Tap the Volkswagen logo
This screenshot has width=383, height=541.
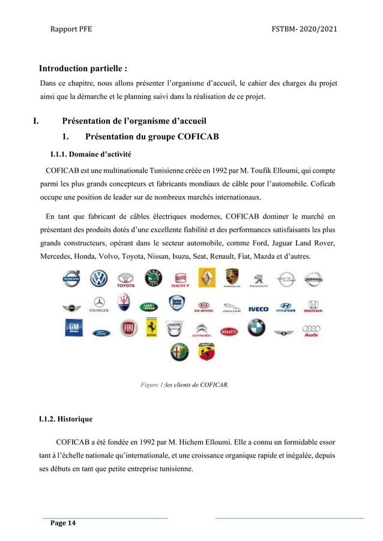[98, 279]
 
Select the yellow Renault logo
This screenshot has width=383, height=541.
[207, 278]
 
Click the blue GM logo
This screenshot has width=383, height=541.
[73, 328]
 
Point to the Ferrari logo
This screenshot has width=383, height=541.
[152, 328]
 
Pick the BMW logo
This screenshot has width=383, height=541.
[256, 329]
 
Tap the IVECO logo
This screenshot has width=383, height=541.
[258, 309]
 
